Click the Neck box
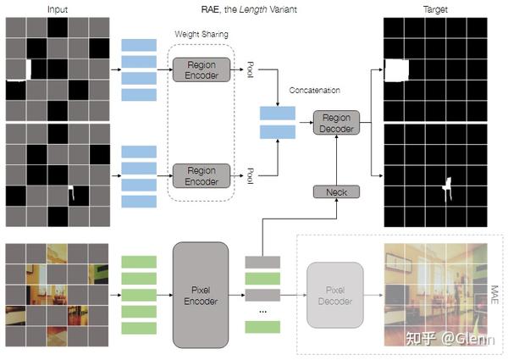[336, 192]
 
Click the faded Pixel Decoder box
[334, 296]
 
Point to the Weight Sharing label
[202, 34]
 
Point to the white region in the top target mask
[396, 69]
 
